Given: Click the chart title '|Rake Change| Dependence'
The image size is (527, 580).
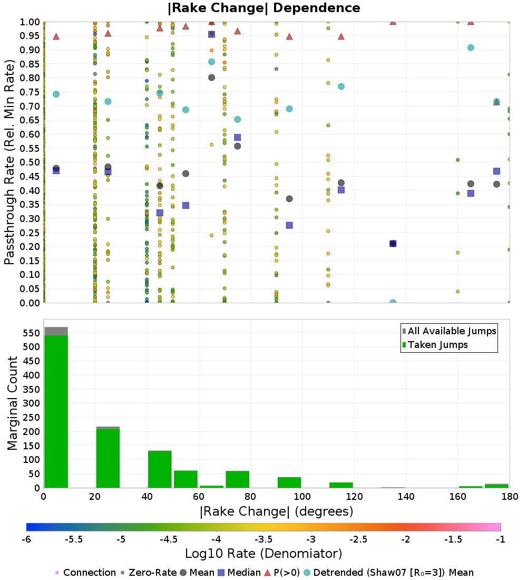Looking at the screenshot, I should click(264, 8).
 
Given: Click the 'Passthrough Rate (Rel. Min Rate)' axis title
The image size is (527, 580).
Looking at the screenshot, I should click(9, 162).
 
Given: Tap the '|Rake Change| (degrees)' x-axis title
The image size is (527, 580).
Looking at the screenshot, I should click(276, 511).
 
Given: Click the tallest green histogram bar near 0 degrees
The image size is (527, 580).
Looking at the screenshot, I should click(56, 411).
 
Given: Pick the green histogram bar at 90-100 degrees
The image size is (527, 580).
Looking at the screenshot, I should click(289, 482).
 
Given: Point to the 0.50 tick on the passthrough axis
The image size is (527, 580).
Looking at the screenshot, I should click(30, 162).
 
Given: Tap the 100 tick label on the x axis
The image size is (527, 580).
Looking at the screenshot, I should click(302, 496).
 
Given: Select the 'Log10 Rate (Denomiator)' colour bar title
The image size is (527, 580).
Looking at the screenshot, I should click(263, 554).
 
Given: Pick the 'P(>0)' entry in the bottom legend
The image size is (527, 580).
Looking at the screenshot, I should click(285, 573).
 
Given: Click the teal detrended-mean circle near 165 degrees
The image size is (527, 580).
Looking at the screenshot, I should click(471, 47).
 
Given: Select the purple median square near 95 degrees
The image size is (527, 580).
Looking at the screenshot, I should click(289, 225).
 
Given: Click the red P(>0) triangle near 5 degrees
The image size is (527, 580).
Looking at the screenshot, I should click(56, 36).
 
